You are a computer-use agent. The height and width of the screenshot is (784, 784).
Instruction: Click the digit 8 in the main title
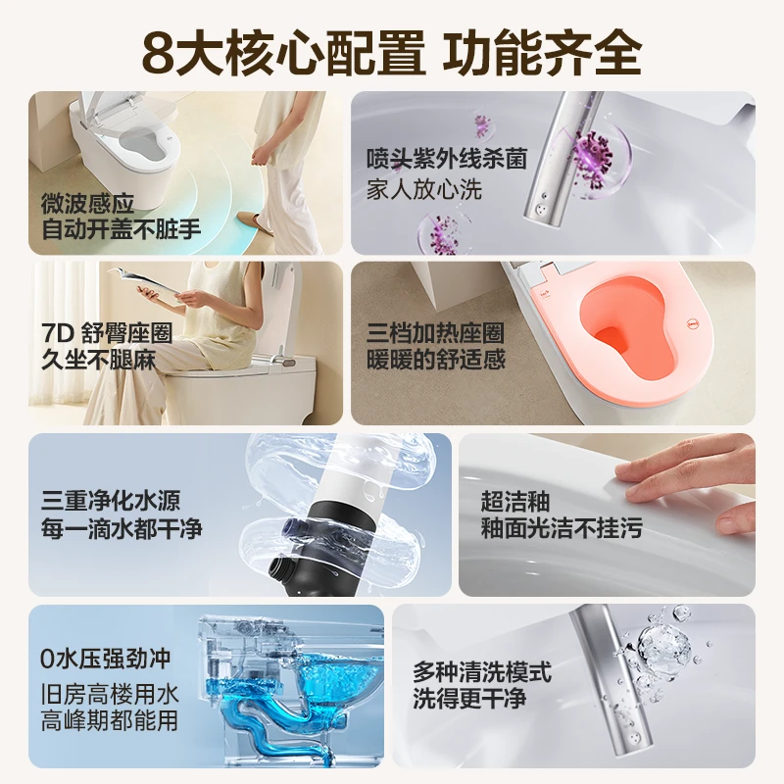click(159, 48)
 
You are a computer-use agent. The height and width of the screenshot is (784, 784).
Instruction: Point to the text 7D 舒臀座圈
click(107, 332)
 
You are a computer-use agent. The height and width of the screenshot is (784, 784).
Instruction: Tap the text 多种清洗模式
click(481, 672)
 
